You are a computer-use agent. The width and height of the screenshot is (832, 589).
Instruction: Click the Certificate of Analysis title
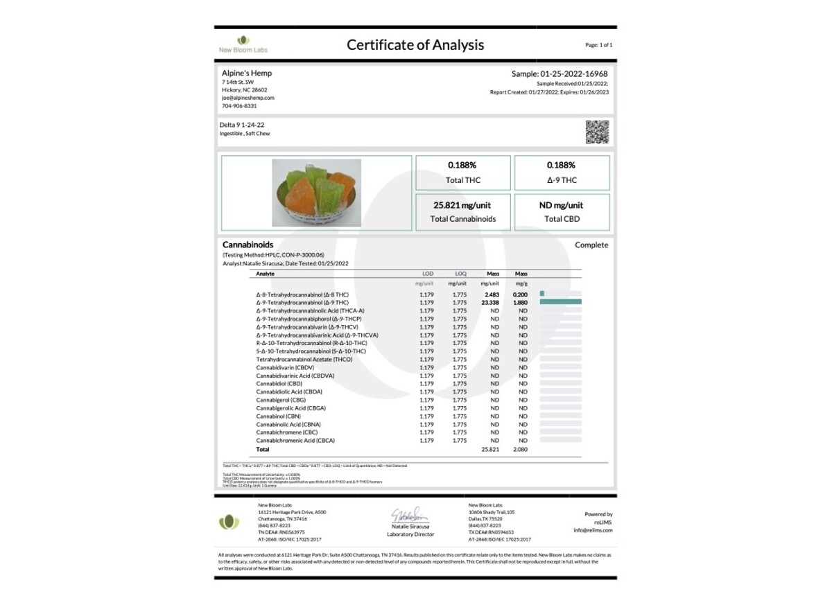[x=415, y=45]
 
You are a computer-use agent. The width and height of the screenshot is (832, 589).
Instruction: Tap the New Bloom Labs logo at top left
[x=243, y=44]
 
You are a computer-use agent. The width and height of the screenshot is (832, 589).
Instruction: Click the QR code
[x=597, y=132]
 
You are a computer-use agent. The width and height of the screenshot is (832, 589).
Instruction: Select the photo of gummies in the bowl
[x=316, y=193]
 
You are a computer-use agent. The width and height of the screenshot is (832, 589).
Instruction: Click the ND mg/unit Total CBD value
[x=561, y=205]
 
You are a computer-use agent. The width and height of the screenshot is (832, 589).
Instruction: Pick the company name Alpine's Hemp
[x=247, y=73]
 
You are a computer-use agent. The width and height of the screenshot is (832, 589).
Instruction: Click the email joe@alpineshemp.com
[x=248, y=98]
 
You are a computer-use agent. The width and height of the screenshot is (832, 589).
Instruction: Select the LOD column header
[x=428, y=274]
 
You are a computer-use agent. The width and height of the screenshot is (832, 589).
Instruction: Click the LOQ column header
[x=460, y=274]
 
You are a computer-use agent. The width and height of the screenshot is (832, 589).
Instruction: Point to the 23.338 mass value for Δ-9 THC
[x=489, y=303]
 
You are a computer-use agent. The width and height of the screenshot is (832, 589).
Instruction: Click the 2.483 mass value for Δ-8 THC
[x=492, y=294]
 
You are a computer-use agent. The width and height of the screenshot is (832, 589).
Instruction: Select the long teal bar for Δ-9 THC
[x=560, y=303]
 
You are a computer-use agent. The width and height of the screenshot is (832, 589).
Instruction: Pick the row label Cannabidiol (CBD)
[x=279, y=384]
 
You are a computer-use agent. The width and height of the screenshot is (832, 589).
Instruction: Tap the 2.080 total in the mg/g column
[x=520, y=449]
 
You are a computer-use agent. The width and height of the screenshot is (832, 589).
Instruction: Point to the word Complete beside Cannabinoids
[x=591, y=245]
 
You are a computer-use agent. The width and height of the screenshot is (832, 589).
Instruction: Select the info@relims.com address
[x=593, y=530]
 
